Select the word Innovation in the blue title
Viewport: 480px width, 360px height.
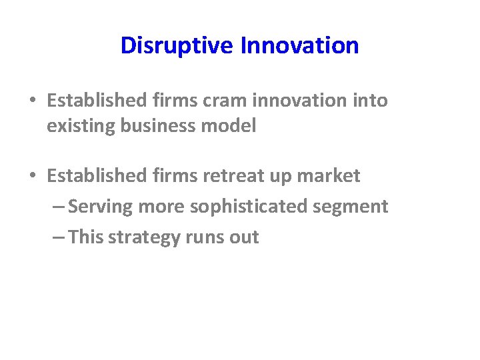[x=299, y=46]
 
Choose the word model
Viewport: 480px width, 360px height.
[x=233, y=127]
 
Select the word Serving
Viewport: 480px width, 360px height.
[x=100, y=207]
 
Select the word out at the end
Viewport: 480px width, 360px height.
[x=245, y=238]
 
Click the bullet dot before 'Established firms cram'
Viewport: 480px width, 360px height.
[x=33, y=101]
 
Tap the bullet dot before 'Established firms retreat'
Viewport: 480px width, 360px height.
[x=33, y=177]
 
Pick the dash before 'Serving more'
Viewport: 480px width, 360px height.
[x=57, y=207]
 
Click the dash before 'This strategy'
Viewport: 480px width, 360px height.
[x=57, y=238]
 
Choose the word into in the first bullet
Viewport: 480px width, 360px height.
[x=369, y=101]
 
